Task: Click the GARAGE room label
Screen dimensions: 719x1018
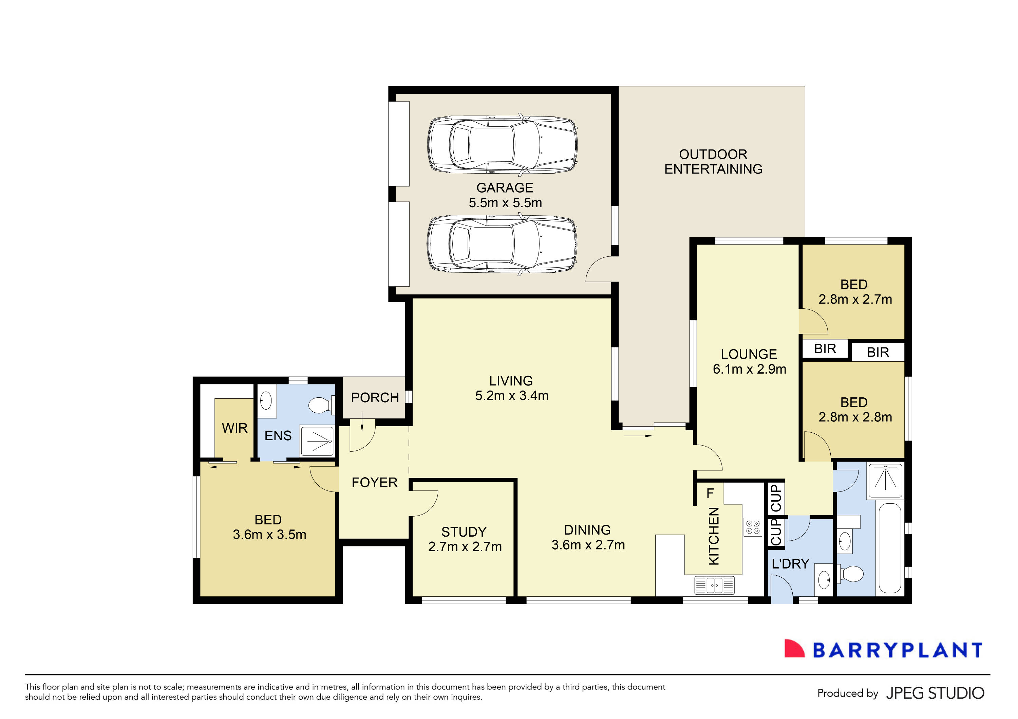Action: [505, 188]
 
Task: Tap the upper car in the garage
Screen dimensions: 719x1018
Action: [502, 145]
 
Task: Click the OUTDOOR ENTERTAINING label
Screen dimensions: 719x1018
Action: [713, 162]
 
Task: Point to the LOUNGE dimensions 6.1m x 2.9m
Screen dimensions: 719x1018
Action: [749, 369]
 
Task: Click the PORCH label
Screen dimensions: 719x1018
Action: [375, 398]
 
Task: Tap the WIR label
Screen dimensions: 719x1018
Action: [234, 428]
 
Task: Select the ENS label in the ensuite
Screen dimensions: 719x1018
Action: [278, 436]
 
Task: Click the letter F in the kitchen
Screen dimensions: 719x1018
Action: [710, 493]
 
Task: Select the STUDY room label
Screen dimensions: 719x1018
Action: [464, 532]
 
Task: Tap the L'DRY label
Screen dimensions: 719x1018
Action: [791, 564]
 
